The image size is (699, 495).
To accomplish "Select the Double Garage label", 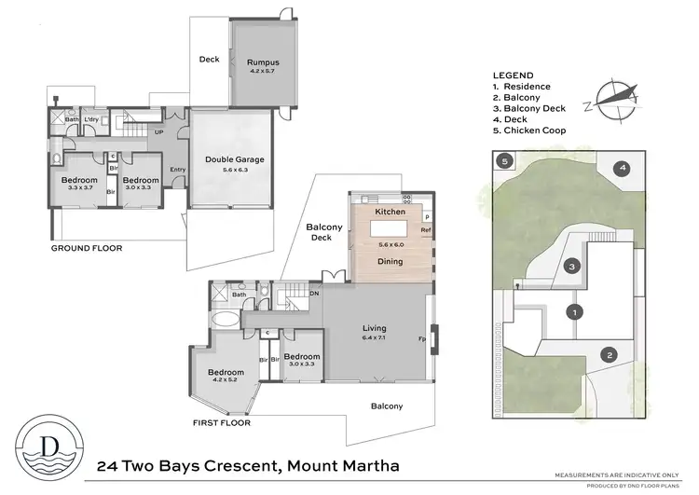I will click(x=234, y=159).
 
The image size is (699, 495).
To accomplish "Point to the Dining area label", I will click(x=390, y=262).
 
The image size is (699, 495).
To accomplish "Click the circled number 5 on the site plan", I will click(x=504, y=161).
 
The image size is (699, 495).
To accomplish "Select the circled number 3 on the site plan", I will click(x=575, y=267).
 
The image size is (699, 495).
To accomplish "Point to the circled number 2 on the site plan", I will click(x=610, y=354).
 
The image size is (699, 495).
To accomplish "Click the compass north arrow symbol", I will click(x=612, y=101).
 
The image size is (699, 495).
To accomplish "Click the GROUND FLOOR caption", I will click(x=86, y=248).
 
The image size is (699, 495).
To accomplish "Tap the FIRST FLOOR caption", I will click(x=221, y=422).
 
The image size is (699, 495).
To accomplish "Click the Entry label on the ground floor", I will click(x=175, y=170).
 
